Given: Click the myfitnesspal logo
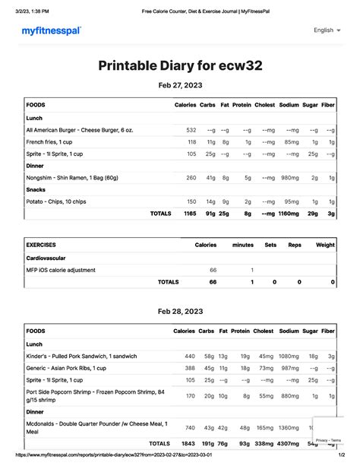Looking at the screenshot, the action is (x=51, y=30).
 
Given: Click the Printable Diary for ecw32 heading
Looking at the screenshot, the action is (x=179, y=65).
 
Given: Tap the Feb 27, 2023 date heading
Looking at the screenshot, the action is (x=179, y=85).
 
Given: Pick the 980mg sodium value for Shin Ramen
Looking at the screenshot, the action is (x=289, y=178).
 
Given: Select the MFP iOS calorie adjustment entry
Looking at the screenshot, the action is (x=61, y=270).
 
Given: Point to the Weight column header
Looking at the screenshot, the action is (x=324, y=246).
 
